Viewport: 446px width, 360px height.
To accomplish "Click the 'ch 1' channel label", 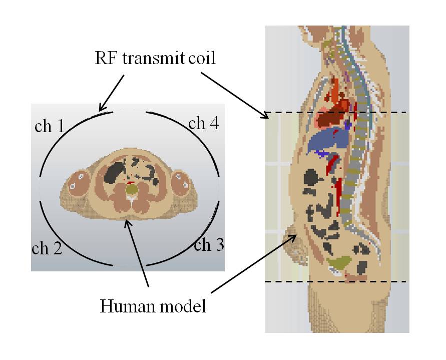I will pyautogui.click(x=49, y=126).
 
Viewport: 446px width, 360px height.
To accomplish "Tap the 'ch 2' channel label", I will pyautogui.click(x=47, y=248).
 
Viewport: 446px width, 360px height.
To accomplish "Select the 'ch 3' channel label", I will pyautogui.click(x=209, y=245).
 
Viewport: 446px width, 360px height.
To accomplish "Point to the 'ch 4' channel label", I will pyautogui.click(x=203, y=123).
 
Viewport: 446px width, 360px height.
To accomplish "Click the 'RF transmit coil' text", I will pyautogui.click(x=155, y=58).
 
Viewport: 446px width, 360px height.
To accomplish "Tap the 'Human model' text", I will pyautogui.click(x=153, y=305).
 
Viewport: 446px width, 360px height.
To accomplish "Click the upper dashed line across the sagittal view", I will pyautogui.click(x=335, y=112).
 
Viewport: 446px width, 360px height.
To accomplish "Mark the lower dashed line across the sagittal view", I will pyautogui.click(x=335, y=281).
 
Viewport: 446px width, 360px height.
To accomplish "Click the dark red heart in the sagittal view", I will pyautogui.click(x=333, y=118).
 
